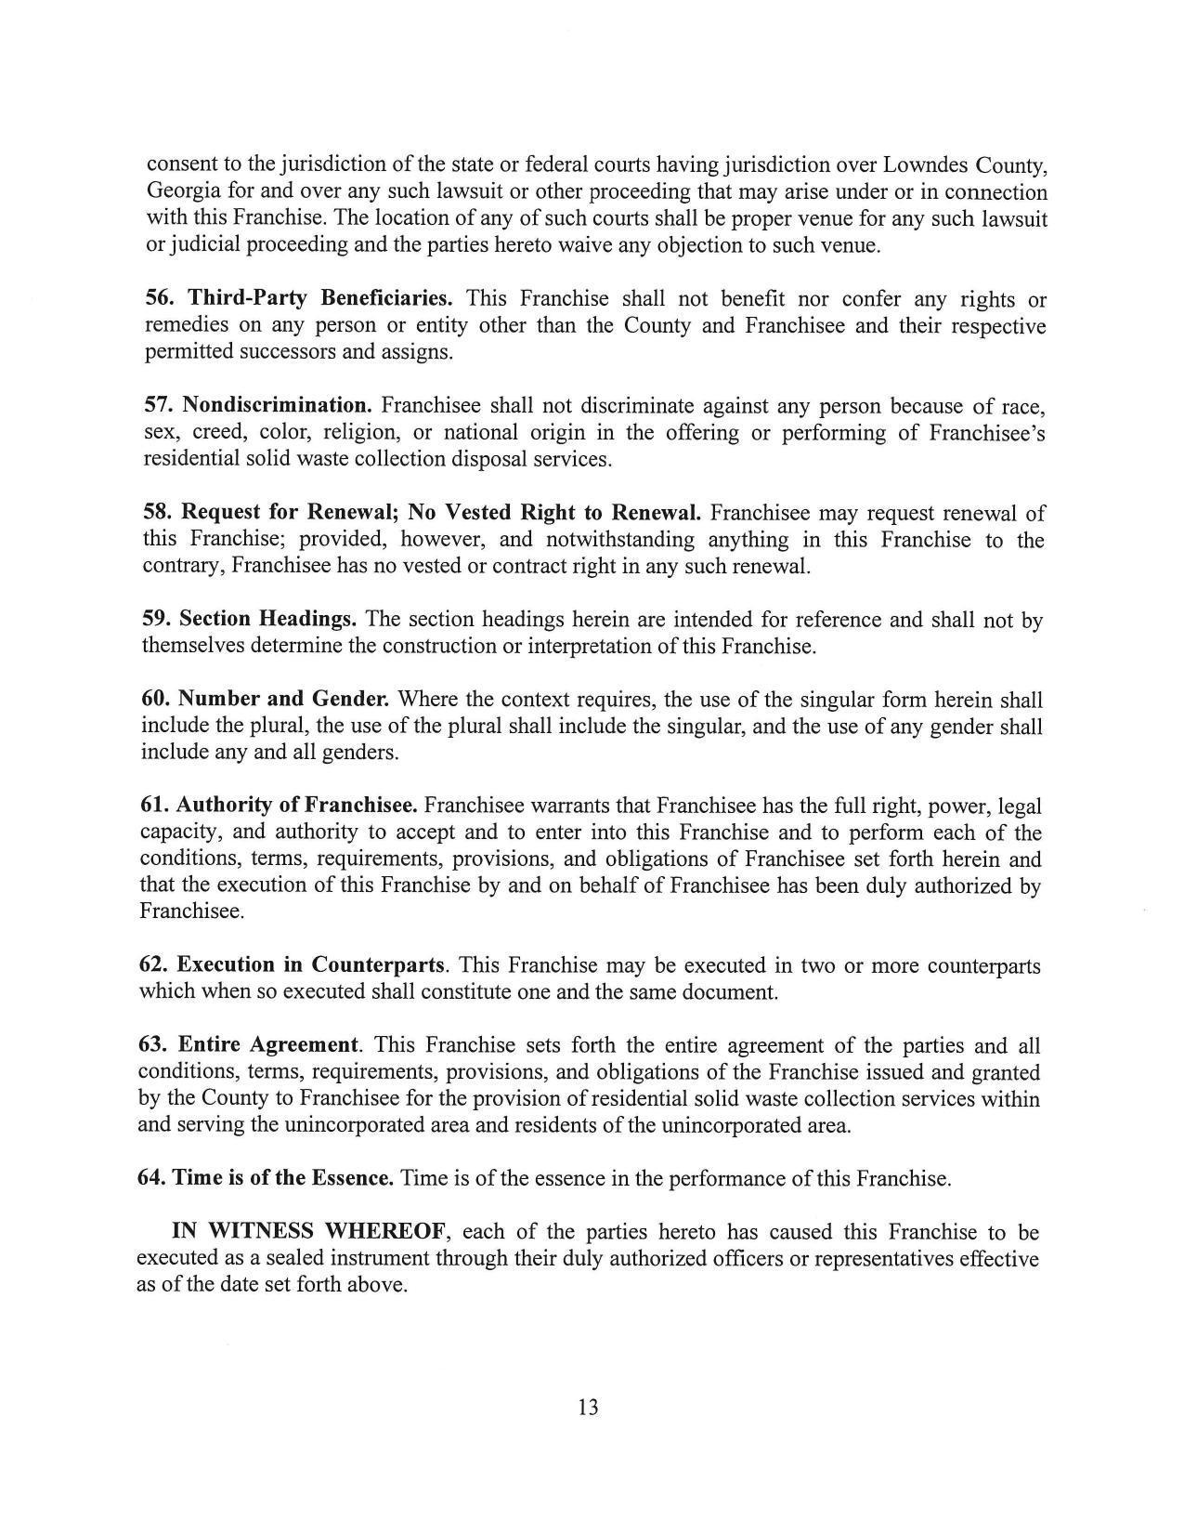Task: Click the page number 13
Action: pos(588,1408)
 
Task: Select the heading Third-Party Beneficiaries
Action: pos(320,298)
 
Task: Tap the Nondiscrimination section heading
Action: pos(277,405)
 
